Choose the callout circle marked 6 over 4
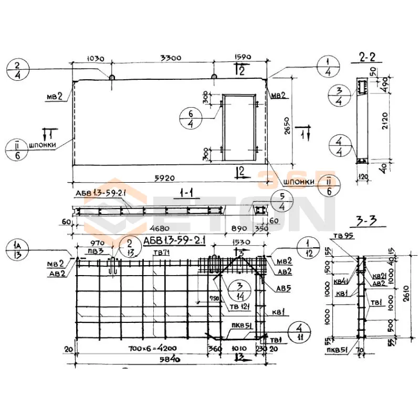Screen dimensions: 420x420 click(191, 118)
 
